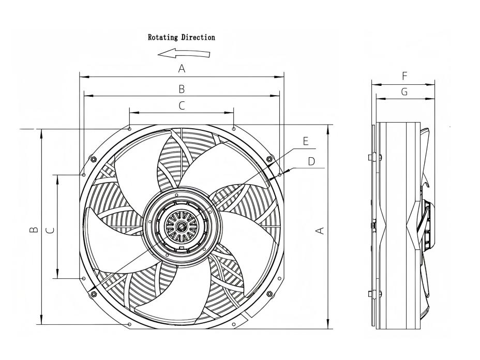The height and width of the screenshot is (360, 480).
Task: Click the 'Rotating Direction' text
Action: (182, 37)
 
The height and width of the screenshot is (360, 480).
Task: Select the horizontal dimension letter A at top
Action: (182, 68)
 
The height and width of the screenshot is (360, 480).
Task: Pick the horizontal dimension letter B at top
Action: (182, 89)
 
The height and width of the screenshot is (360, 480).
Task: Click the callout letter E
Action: (306, 141)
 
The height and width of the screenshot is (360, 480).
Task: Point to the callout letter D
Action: (311, 161)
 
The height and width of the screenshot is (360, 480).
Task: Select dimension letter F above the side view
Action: (404, 76)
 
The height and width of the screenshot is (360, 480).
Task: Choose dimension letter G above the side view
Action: (404, 92)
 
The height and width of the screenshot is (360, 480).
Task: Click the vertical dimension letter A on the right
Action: (321, 229)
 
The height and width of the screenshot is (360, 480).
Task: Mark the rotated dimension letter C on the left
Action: (50, 229)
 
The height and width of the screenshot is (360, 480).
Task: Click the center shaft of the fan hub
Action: (182, 227)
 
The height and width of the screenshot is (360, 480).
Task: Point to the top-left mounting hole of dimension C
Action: (129, 128)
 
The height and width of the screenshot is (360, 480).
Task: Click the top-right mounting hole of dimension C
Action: (234, 128)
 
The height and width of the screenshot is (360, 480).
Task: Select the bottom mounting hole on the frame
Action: (129, 325)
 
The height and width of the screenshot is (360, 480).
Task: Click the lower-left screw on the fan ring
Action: (94, 294)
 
